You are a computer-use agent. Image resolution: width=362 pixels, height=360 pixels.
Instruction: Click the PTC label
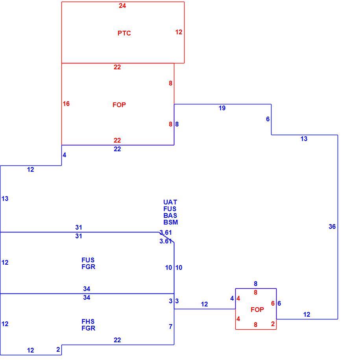tap(124, 33)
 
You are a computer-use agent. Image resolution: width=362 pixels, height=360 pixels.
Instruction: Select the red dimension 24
tap(122, 6)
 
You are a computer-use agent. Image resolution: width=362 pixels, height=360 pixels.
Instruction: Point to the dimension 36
tap(332, 227)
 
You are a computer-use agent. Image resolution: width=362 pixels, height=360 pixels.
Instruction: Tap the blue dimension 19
tap(222, 108)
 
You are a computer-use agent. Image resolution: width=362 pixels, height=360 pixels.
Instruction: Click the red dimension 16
tap(66, 104)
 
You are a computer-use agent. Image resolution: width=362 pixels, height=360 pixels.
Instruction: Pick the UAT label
tap(170, 202)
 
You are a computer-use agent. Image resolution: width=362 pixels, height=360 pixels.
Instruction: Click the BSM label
tap(171, 222)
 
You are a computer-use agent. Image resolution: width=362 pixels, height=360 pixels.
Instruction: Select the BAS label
tap(170, 215)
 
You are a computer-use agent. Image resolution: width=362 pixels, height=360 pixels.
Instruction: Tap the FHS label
tap(88, 321)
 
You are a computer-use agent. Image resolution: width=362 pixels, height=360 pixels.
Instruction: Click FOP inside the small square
tap(257, 310)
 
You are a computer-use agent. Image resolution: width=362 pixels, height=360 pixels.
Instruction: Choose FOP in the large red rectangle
tap(119, 105)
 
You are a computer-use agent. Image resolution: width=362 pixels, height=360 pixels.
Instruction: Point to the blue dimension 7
tap(170, 327)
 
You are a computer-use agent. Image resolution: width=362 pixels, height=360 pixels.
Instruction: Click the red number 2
tap(273, 324)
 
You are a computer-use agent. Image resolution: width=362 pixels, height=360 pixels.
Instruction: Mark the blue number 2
tap(58, 349)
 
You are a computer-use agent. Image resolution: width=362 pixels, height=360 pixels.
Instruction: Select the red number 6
tap(273, 303)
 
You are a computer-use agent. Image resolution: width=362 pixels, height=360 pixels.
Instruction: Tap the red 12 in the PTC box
tap(179, 32)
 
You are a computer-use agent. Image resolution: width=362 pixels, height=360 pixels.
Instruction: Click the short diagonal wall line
tap(166, 237)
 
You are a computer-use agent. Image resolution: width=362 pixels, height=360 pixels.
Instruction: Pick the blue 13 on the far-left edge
tap(5, 199)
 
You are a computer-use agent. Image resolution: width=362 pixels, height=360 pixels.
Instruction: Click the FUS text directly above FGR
tap(88, 260)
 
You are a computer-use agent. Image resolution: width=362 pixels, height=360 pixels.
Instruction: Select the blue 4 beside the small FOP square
tap(232, 299)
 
